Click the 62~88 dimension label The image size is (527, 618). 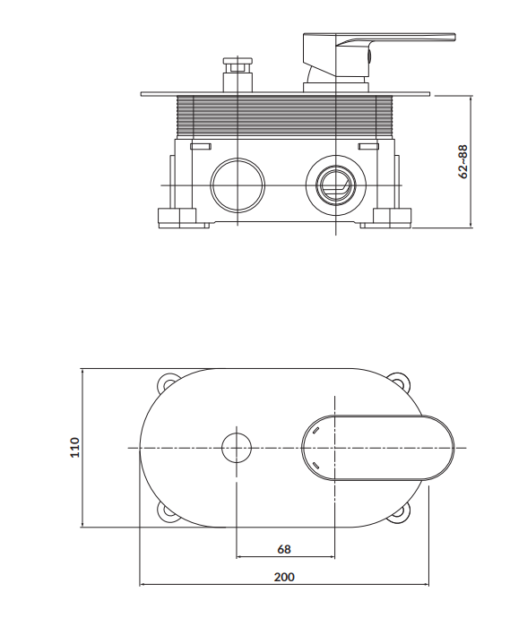click(464, 161)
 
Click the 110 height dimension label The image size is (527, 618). click(74, 447)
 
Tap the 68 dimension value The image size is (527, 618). click(284, 549)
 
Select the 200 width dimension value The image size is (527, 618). click(284, 577)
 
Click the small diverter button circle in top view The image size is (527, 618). click(237, 448)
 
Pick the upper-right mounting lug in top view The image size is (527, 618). click(402, 382)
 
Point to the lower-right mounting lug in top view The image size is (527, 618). click(401, 513)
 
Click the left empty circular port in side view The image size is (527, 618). click(238, 185)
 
